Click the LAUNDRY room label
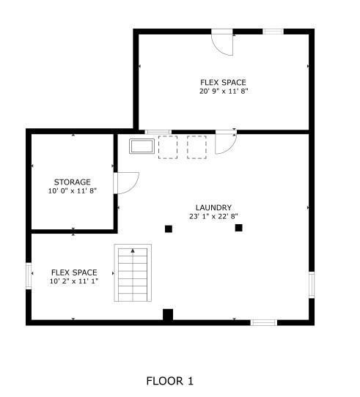click(213, 207)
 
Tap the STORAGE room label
click(72, 182)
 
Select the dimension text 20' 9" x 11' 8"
click(223, 92)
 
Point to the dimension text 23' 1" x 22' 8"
click(213, 216)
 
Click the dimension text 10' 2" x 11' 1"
click(74, 281)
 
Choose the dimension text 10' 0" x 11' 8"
click(72, 190)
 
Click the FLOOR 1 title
click(169, 381)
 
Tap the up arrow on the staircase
click(133, 252)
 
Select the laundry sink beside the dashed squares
click(142, 146)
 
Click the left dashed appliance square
click(169, 146)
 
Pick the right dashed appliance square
click(196, 146)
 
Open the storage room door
click(126, 183)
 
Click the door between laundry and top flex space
click(225, 142)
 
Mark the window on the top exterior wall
click(273, 31)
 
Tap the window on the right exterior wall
click(312, 283)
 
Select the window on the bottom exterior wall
click(264, 322)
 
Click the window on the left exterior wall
click(30, 276)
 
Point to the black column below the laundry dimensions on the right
click(238, 228)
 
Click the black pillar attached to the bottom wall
click(167, 315)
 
